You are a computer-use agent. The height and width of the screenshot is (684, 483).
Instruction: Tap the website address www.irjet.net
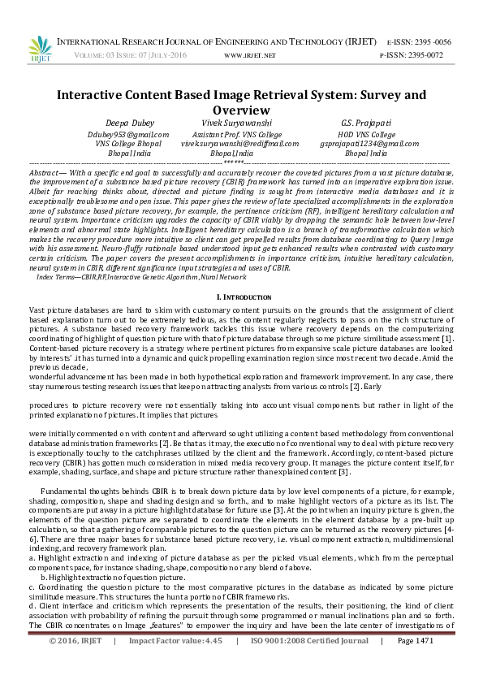(250, 54)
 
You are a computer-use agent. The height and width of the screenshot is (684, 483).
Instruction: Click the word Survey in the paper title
(336, 95)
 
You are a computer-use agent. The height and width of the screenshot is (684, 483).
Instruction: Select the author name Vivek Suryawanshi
(243, 123)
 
